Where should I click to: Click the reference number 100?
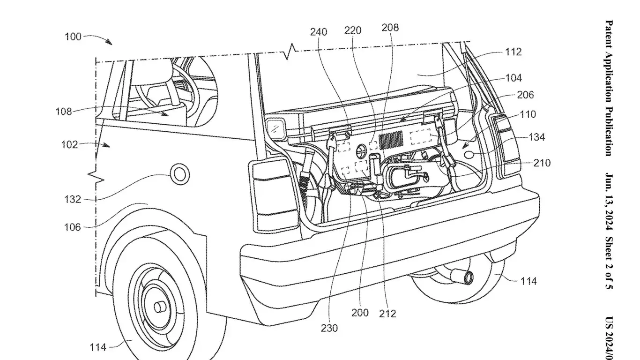[73, 37]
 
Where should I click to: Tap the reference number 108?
[63, 112]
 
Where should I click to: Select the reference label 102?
[69, 145]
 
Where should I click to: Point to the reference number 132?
[73, 199]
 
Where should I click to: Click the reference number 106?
[73, 227]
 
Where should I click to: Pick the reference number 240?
[319, 32]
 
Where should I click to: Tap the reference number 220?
[353, 30]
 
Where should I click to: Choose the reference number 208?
[390, 28]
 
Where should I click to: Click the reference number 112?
[513, 52]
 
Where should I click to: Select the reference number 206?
[525, 95]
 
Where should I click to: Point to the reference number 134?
[537, 137]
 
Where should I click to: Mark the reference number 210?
[542, 163]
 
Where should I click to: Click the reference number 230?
[329, 328]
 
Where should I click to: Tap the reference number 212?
[387, 313]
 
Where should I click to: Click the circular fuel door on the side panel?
[179, 173]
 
